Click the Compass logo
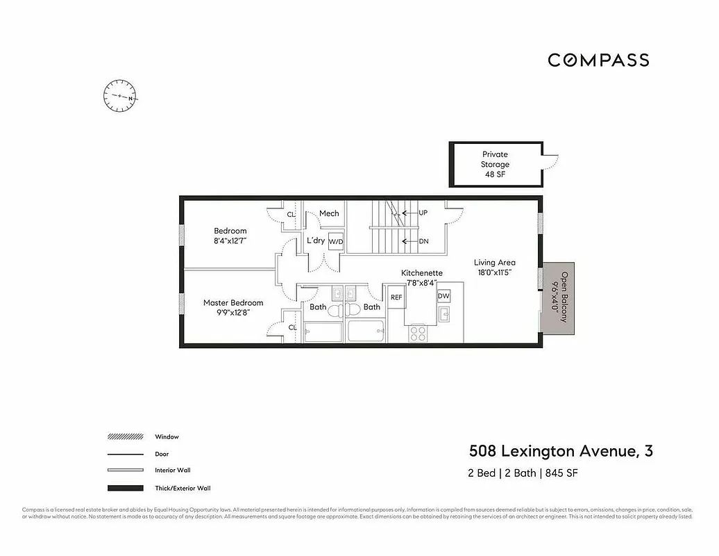click(598, 60)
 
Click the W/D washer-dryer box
click(336, 242)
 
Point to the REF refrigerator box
click(396, 297)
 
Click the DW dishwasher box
click(443, 296)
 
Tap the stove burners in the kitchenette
click(418, 333)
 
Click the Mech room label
click(329, 213)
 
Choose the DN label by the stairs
click(423, 242)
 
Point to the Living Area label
click(495, 263)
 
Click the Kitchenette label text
click(422, 273)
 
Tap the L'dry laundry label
click(315, 240)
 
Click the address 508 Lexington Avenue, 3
click(561, 451)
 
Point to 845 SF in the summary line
click(561, 473)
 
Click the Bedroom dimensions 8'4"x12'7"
click(230, 240)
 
